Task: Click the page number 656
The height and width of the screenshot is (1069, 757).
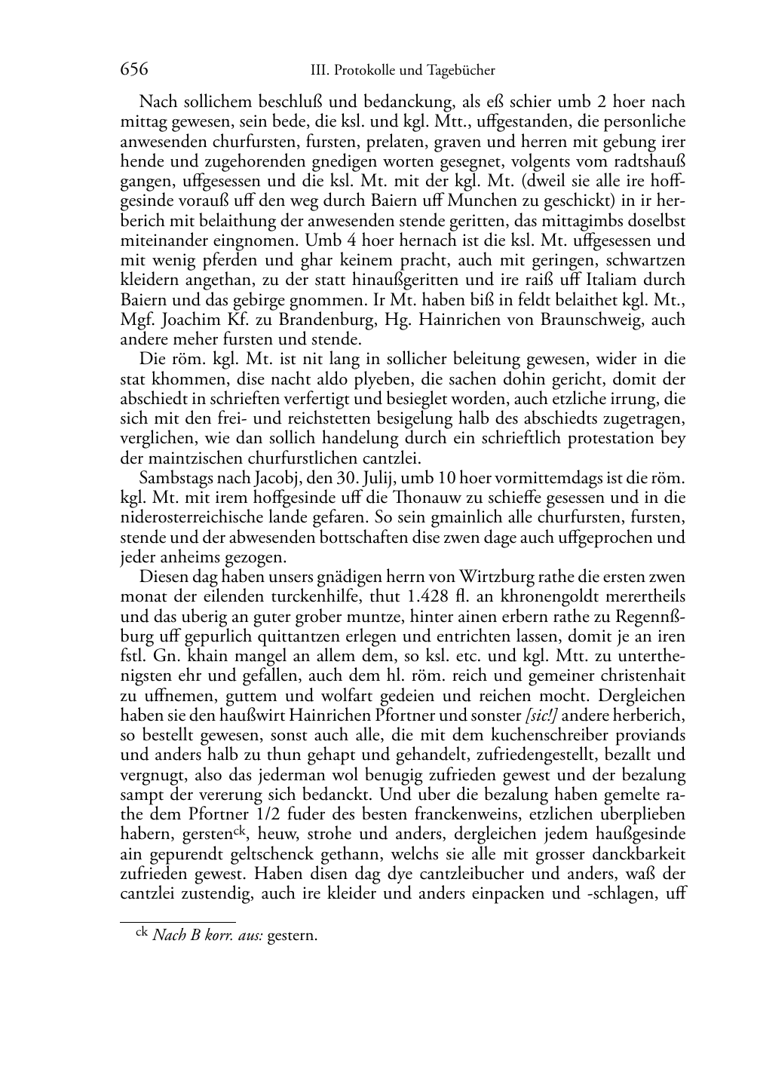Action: click(x=133, y=70)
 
